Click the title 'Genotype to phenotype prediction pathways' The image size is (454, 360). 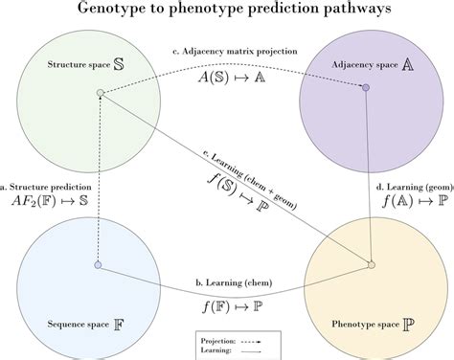tap(226, 11)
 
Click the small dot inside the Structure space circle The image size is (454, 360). tap(100, 93)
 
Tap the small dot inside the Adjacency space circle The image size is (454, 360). tap(364, 88)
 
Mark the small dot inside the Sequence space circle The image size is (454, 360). tap(98, 264)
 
